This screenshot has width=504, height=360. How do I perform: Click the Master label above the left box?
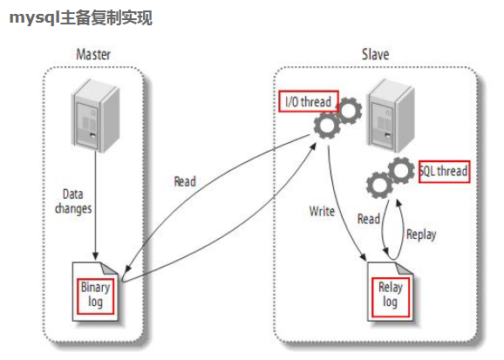[x=93, y=54]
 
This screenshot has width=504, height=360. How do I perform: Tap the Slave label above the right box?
[x=376, y=54]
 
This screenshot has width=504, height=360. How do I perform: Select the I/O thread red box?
[x=309, y=102]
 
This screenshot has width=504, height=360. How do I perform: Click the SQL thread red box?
[x=444, y=172]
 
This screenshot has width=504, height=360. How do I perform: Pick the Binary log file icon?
[x=95, y=291]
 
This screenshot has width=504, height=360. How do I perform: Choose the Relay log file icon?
[x=390, y=291]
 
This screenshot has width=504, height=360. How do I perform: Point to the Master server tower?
[x=95, y=115]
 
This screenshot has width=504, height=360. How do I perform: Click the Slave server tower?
[x=391, y=115]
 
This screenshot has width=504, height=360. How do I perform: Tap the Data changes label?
[x=73, y=201]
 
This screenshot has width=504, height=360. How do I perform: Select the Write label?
[x=322, y=211]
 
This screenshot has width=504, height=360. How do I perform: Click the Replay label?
[x=421, y=234]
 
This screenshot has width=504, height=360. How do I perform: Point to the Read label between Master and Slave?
[x=185, y=181]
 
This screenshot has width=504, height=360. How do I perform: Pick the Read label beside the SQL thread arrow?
[x=369, y=219]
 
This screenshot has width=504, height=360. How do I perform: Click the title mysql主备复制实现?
[x=81, y=17]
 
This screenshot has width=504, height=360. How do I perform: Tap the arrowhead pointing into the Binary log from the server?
[x=95, y=256]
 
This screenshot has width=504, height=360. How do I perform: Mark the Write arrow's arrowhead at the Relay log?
[x=363, y=256]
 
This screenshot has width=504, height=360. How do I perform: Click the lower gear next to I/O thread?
[x=327, y=126]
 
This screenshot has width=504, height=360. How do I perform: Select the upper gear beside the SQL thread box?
[x=401, y=170]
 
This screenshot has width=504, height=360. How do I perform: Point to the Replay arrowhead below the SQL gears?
[x=398, y=203]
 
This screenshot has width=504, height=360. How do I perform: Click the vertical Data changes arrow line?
[x=95, y=206]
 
